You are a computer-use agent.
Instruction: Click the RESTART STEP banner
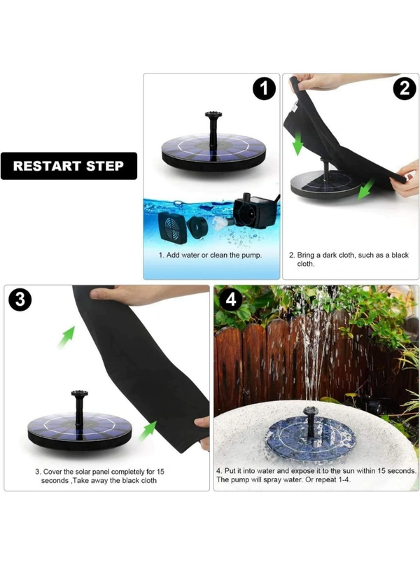69,166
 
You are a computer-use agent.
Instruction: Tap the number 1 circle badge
264,89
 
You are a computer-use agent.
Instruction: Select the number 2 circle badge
404,89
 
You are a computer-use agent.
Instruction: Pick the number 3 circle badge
20,300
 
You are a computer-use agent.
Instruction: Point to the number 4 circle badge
231,300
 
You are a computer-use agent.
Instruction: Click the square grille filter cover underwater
173,228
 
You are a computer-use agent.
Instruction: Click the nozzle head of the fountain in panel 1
213,115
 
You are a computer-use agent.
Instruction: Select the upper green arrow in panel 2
297,144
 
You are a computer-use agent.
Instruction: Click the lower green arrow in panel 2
366,189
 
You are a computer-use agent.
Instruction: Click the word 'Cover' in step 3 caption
52,472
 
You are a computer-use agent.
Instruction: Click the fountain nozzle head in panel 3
80,394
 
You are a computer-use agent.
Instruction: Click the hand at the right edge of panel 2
408,179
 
